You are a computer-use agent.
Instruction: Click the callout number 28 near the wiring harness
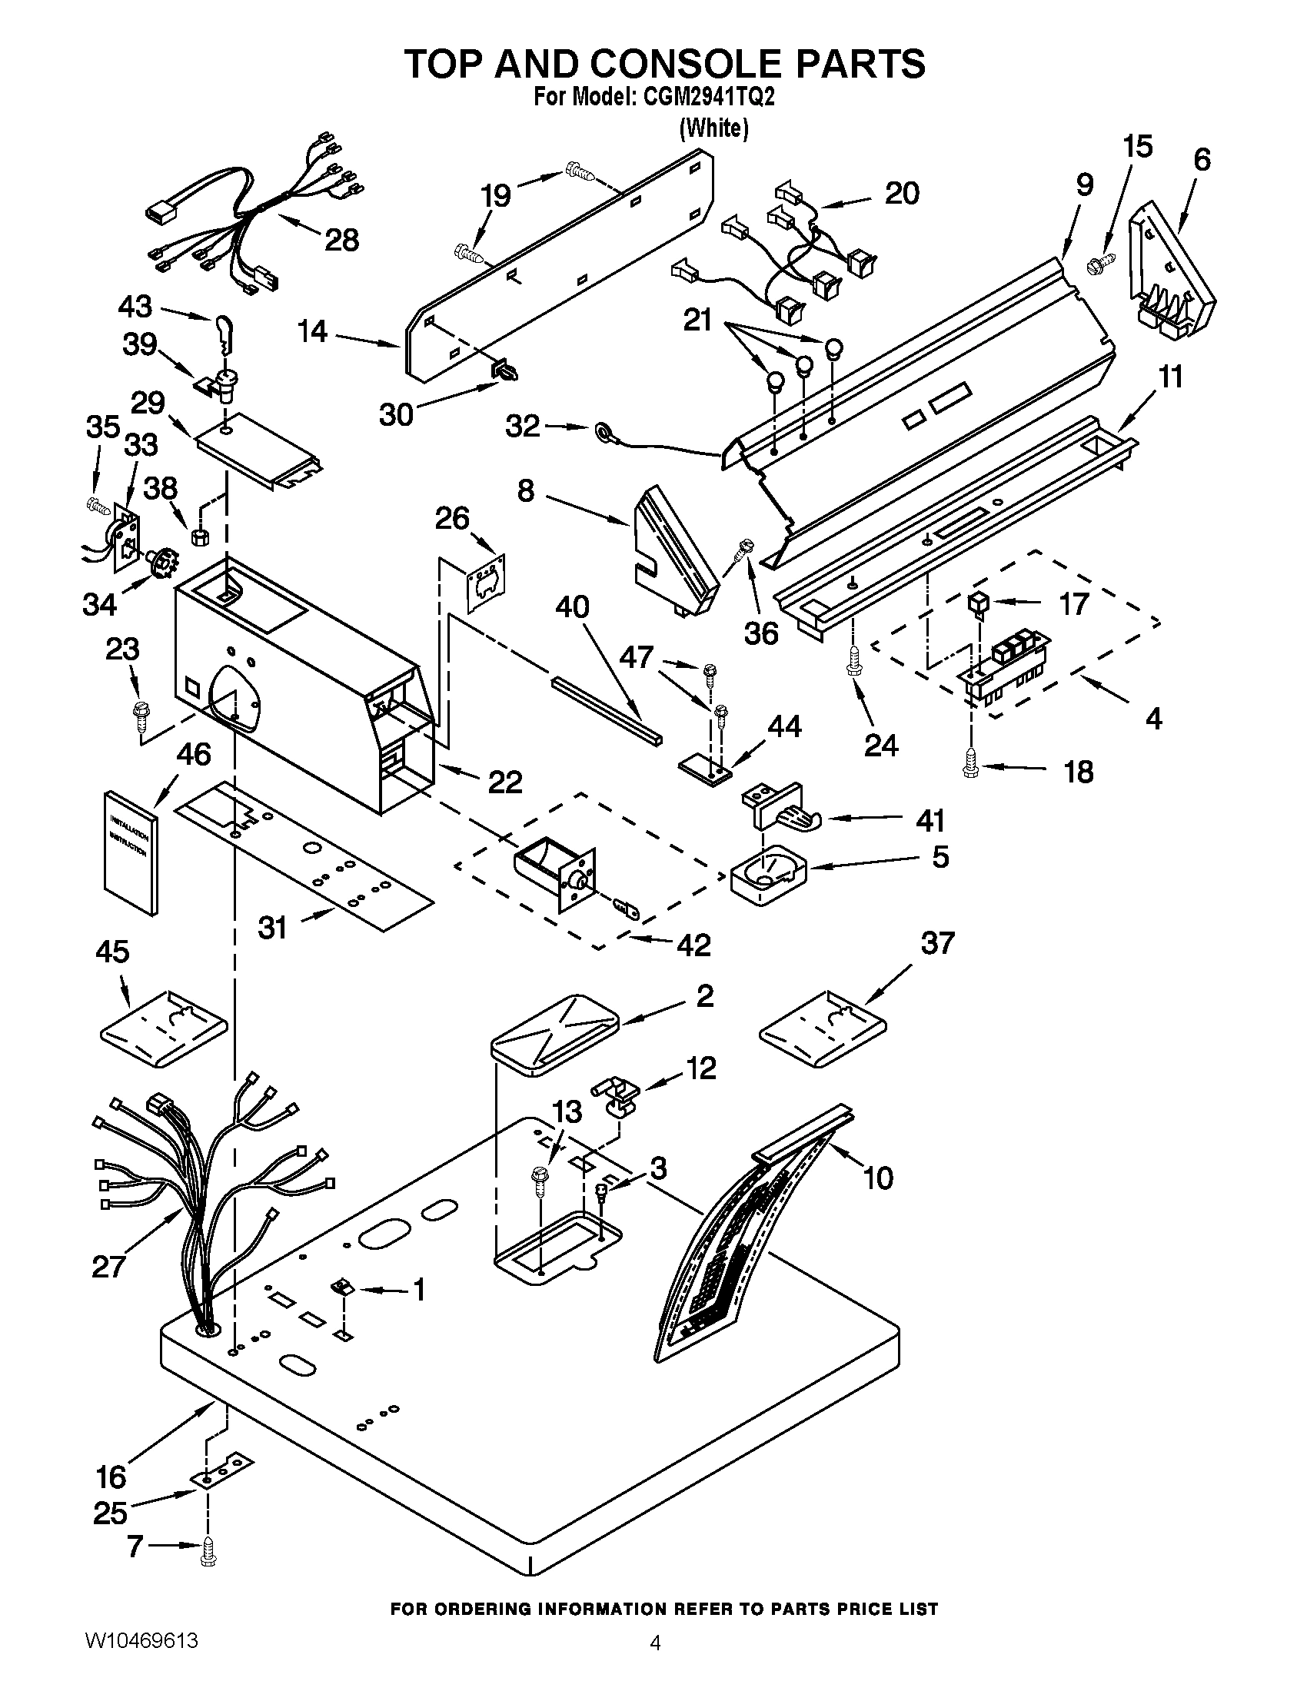(x=341, y=240)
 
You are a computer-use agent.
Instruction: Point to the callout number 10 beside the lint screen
(x=877, y=1179)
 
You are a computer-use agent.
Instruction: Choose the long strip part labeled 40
(x=608, y=707)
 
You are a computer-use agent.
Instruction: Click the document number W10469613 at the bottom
(x=141, y=1659)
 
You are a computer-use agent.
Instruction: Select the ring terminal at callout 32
(x=601, y=431)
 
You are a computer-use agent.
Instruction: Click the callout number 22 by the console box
(x=505, y=782)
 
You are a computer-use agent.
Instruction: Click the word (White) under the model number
(x=713, y=128)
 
